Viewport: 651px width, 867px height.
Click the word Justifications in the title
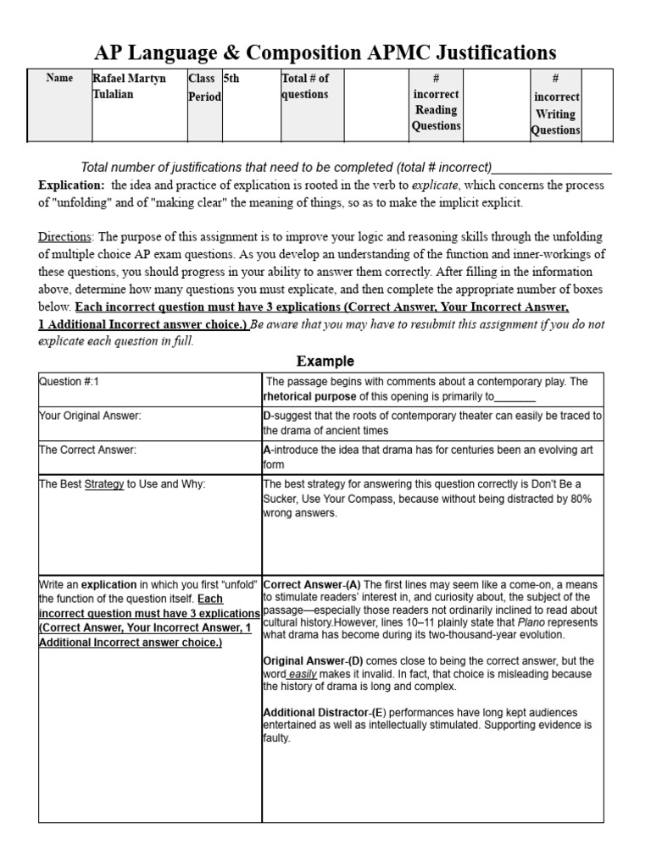(x=479, y=52)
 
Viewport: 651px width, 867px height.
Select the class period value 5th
(x=231, y=79)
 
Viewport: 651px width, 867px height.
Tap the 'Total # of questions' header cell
(x=305, y=86)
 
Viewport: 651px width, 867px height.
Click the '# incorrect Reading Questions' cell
(x=436, y=102)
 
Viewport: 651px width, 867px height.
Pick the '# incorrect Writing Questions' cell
(x=556, y=105)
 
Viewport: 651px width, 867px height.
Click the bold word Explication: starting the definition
(x=72, y=185)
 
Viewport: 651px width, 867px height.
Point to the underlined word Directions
(x=66, y=236)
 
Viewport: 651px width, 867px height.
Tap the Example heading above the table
(x=325, y=362)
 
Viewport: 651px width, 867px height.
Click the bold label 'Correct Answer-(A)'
(x=312, y=585)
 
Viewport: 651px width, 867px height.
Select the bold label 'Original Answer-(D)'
(x=313, y=660)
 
